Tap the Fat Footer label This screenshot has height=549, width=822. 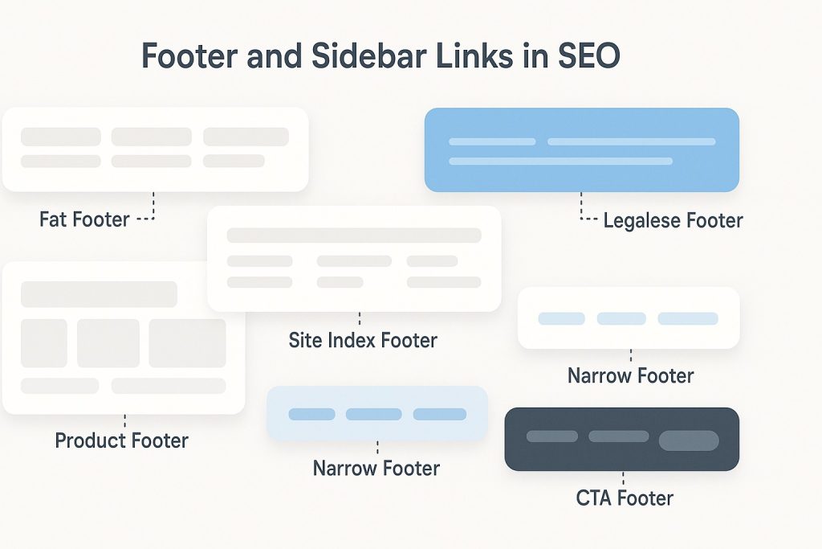pos(84,219)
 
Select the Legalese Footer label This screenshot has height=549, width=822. pos(673,220)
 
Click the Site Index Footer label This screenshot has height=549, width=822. pos(363,340)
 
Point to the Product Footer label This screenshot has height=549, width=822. pos(122,440)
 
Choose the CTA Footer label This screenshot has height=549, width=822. pos(625,498)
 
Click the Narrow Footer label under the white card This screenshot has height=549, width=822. pos(630,375)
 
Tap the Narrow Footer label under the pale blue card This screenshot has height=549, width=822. pos(376,468)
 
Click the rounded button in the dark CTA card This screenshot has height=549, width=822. pos(688,440)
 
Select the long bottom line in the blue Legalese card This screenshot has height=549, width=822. pos(560,161)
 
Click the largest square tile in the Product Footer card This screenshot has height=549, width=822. pos(187,343)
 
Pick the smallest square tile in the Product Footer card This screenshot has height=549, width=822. pos(44,343)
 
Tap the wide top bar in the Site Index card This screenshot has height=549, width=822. pos(354,236)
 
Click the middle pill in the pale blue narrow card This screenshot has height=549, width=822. pos(373,414)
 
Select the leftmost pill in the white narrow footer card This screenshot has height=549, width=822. pos(561,318)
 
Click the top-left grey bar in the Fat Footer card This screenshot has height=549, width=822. pos(61,137)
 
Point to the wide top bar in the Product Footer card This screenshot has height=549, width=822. pos(99,294)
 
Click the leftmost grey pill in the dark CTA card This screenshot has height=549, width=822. pos(551,436)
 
